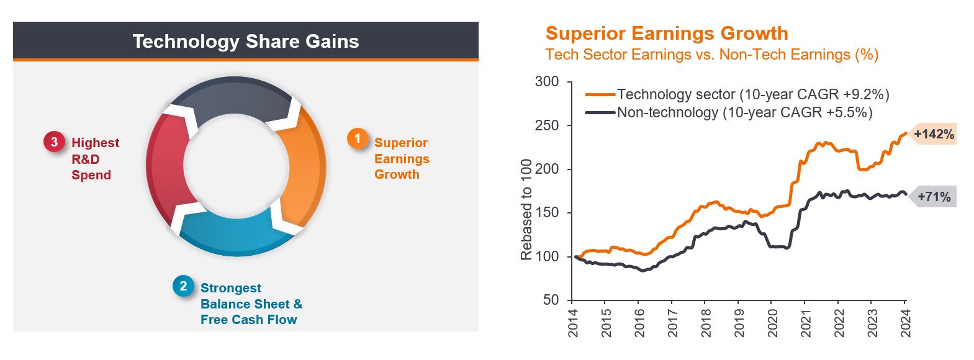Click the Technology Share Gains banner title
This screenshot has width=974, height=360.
click(246, 42)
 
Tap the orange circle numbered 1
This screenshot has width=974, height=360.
click(357, 138)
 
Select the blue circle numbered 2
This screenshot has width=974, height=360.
click(183, 286)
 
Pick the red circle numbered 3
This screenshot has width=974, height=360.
click(54, 142)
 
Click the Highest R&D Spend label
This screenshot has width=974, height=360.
click(95, 159)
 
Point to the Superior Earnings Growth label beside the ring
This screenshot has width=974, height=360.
click(402, 159)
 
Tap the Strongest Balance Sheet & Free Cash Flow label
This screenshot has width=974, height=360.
click(251, 304)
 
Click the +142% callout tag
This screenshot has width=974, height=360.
click(933, 134)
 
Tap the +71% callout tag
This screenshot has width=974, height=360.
click(933, 197)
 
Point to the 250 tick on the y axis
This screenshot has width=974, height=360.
click(547, 125)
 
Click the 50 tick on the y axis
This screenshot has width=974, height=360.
click(551, 300)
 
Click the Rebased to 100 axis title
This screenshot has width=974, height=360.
click(527, 209)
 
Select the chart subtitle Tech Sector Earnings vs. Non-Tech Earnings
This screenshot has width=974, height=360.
click(712, 55)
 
